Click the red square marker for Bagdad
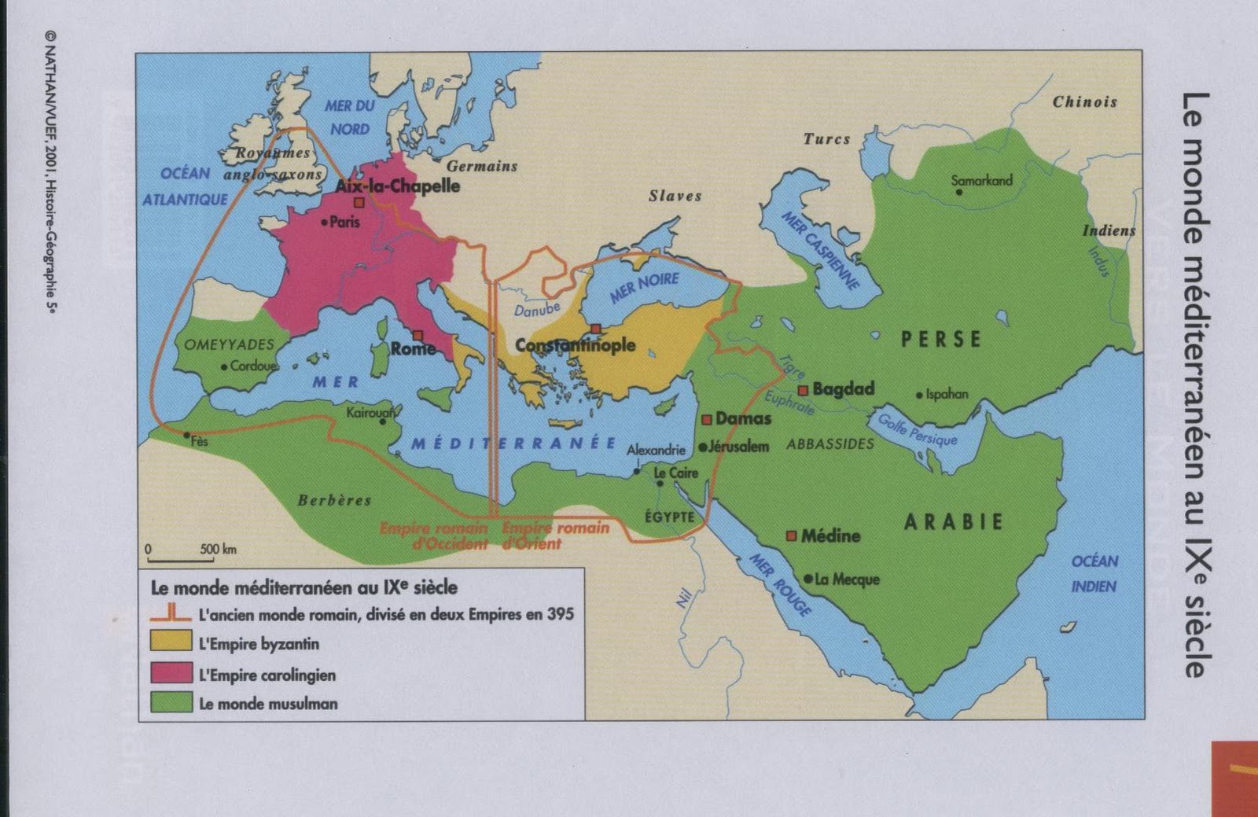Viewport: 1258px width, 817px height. pyautogui.click(x=803, y=390)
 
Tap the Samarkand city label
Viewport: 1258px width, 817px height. pyautogui.click(x=981, y=180)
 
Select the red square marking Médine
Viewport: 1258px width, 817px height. pyautogui.click(x=792, y=535)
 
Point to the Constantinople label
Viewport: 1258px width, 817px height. pyautogui.click(x=575, y=345)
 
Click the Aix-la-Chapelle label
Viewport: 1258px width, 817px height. pyautogui.click(x=397, y=186)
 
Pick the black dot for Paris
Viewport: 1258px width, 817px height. pyautogui.click(x=325, y=223)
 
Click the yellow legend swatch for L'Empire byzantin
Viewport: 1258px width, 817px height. pyautogui.click(x=171, y=642)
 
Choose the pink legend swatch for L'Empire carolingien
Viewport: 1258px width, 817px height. pyautogui.click(x=171, y=673)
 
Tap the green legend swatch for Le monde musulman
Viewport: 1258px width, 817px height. pyautogui.click(x=171, y=702)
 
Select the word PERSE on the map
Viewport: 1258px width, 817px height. pyautogui.click(x=941, y=339)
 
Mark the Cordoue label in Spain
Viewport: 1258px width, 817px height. pyautogui.click(x=253, y=366)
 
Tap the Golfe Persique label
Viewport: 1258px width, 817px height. pyautogui.click(x=917, y=429)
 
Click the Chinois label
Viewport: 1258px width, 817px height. pyautogui.click(x=1084, y=101)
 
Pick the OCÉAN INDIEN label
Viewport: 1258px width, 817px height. pyautogui.click(x=1094, y=573)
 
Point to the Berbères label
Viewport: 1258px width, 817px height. pyautogui.click(x=334, y=500)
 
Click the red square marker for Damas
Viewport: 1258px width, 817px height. pyautogui.click(x=707, y=419)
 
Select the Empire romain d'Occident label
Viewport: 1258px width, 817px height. pyautogui.click(x=433, y=535)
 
